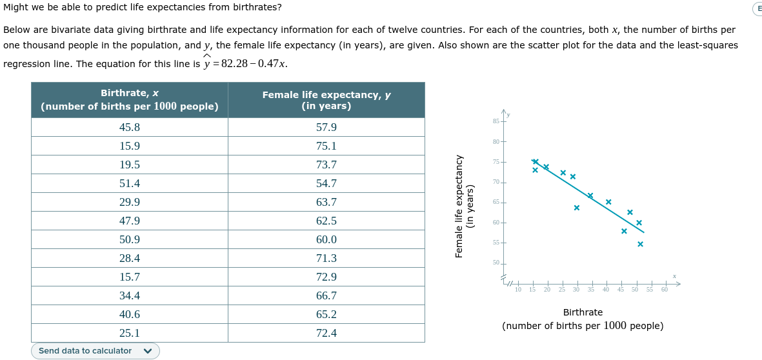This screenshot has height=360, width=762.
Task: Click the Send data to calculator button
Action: [x=95, y=351]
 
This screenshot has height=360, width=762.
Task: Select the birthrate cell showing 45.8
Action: [x=129, y=128]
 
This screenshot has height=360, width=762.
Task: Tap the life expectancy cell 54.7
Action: [x=326, y=184]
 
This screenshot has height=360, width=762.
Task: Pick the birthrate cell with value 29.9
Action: [x=129, y=203]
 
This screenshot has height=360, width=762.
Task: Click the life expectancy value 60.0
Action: [x=326, y=240]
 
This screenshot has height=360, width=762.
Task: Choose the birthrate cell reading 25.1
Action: [x=129, y=334]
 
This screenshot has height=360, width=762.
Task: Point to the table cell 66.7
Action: [x=326, y=296]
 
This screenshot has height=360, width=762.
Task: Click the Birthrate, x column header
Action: [x=129, y=100]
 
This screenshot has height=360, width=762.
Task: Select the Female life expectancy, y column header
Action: [x=326, y=100]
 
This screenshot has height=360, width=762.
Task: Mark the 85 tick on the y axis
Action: [x=496, y=121]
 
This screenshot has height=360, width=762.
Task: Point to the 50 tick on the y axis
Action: [x=496, y=263]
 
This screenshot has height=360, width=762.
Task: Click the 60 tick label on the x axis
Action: [x=664, y=290]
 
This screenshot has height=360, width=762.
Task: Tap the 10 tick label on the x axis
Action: [x=518, y=290]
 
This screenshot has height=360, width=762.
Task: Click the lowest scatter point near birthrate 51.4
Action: [x=640, y=244]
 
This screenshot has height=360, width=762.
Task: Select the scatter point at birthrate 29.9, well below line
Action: [x=576, y=208]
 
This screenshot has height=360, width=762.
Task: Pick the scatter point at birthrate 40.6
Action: [x=608, y=202]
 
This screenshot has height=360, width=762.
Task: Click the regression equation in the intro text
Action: [x=245, y=65]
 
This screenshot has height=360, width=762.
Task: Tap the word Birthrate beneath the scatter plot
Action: [x=583, y=312]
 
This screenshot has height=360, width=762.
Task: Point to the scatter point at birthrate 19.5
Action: [x=546, y=167]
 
